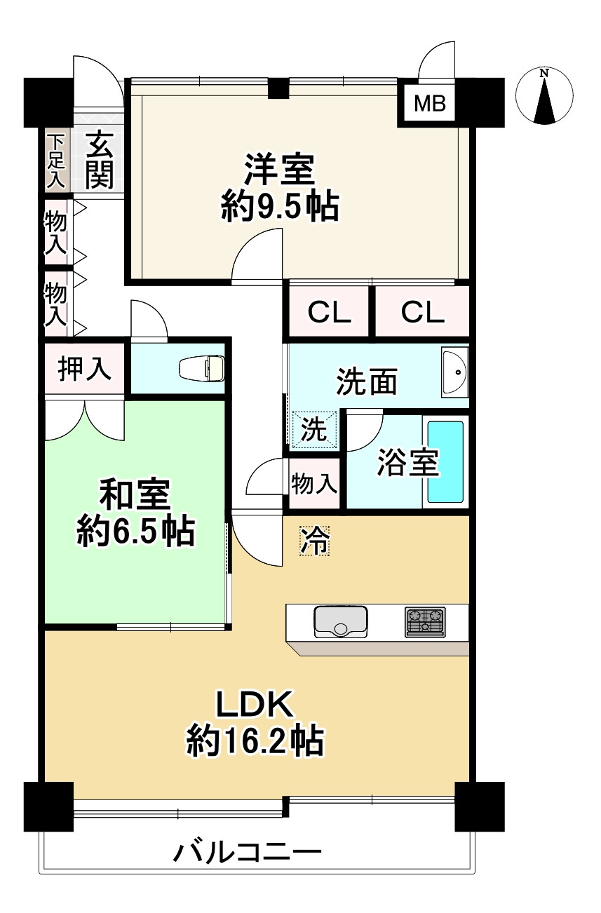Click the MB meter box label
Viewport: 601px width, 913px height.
tap(430, 103)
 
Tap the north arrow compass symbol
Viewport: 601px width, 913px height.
tap(544, 96)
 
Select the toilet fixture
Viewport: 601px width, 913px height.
tap(202, 368)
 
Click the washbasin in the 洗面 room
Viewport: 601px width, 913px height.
tap(454, 372)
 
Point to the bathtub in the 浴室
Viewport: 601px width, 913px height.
tap(445, 462)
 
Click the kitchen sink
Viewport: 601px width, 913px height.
tap(340, 622)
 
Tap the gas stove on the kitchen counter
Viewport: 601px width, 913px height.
tap(425, 622)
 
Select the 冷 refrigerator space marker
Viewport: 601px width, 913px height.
tap(314, 541)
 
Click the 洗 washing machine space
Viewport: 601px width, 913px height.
tap(313, 430)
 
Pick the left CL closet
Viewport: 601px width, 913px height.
tap(329, 312)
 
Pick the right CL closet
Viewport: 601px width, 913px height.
tap(422, 312)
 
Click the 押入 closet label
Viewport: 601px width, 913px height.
tap(84, 368)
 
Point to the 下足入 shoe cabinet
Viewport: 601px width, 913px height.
tap(56, 161)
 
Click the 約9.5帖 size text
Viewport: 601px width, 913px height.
tap(280, 206)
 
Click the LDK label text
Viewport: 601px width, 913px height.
tap(255, 704)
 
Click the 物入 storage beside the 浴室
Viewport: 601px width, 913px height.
tap(314, 484)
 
